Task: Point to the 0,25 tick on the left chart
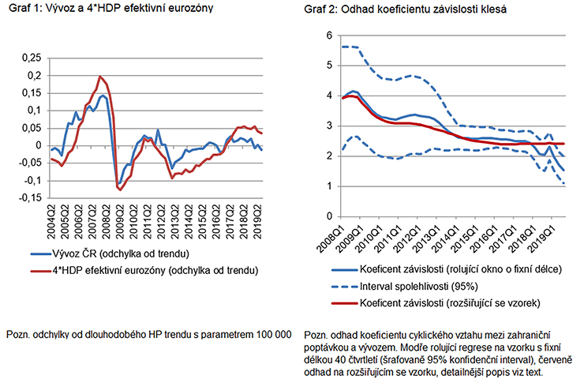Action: coord(28,58)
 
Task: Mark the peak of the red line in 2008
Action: coord(99,77)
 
